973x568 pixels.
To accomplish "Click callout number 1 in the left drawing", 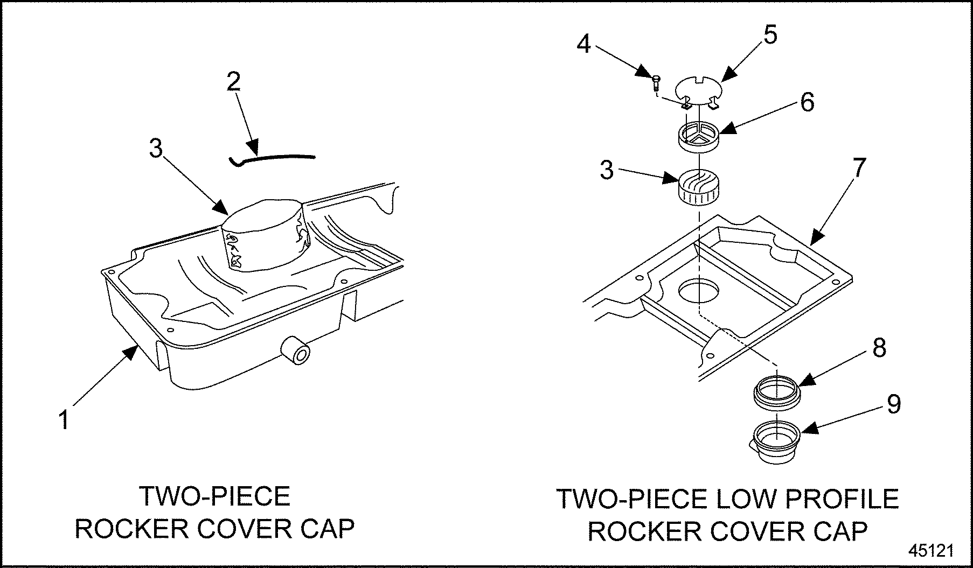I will (x=64, y=419).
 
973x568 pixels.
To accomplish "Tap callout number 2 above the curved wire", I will (x=233, y=82).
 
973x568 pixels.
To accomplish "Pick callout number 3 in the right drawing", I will (x=607, y=170).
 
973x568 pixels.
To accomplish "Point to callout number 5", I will (x=770, y=35).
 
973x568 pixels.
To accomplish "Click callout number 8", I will (x=879, y=348).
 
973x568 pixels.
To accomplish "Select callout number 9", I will (x=894, y=404).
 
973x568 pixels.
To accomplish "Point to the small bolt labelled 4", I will (x=656, y=82).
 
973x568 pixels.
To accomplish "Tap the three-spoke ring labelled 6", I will (x=698, y=135).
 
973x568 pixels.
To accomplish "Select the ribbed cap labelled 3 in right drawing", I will (x=699, y=187).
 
